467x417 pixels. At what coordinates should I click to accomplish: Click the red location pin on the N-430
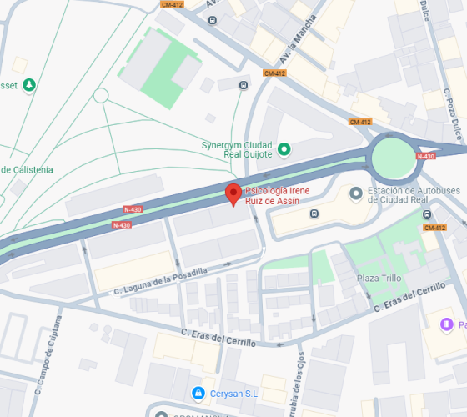point(234,194)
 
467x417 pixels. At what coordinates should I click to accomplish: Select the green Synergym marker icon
point(284,149)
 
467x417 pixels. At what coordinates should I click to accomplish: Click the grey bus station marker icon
point(356,193)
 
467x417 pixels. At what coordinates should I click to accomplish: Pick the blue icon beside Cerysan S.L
point(198,393)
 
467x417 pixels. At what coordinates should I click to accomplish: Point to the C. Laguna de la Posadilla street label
point(160,279)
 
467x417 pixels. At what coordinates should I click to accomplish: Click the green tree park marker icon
point(30,84)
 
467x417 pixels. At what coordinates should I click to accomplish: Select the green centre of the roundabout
point(394,158)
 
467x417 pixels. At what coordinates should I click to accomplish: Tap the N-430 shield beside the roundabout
point(425,156)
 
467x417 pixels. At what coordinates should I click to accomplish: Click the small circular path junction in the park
point(101,95)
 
